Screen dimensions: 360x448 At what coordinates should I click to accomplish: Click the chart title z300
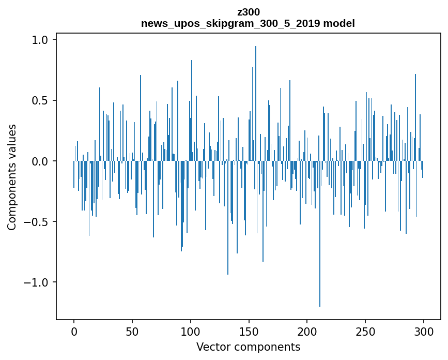pyautogui.click(x=248, y=12)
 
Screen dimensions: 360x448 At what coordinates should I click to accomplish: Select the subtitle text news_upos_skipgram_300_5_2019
pyautogui.click(x=231, y=23)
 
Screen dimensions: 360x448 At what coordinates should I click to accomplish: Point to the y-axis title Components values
pyautogui.click(x=12, y=177)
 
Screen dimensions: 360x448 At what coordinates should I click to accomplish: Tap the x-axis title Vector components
pyautogui.click(x=248, y=347)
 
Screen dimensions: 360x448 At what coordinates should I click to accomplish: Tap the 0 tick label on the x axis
pyautogui.click(x=74, y=331)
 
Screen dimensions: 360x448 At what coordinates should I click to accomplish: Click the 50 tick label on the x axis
pyautogui.click(x=132, y=331)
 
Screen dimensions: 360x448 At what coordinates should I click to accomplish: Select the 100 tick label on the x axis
pyautogui.click(x=191, y=331)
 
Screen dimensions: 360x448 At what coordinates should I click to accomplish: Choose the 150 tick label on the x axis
pyautogui.click(x=249, y=331)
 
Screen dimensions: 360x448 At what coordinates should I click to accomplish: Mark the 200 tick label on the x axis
pyautogui.click(x=307, y=331)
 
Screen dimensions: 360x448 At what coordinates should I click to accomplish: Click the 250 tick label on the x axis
pyautogui.click(x=366, y=331)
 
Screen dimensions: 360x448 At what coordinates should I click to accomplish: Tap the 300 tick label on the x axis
pyautogui.click(x=424, y=331)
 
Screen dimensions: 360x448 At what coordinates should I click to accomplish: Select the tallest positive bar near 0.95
pyautogui.click(x=256, y=103)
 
